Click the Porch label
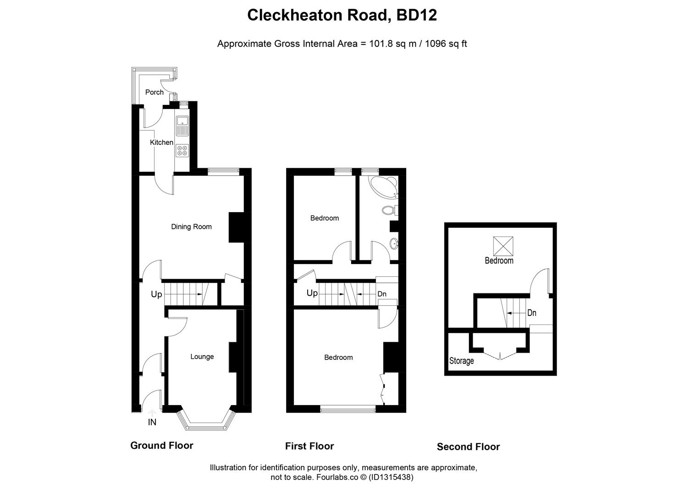(154, 92)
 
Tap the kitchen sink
(182, 126)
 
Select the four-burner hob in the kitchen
(182, 150)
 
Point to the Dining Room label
(191, 226)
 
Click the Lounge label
(202, 357)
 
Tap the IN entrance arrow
(152, 412)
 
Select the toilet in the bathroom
(390, 210)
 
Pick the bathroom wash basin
(394, 244)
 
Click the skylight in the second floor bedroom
(503, 246)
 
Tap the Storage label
(461, 361)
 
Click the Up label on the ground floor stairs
(156, 294)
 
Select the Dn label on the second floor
(532, 313)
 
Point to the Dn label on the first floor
(382, 294)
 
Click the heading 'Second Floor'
(468, 447)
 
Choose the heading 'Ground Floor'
(162, 445)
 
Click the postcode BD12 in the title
(417, 15)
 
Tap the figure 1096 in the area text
(435, 44)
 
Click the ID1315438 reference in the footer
(391, 477)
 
